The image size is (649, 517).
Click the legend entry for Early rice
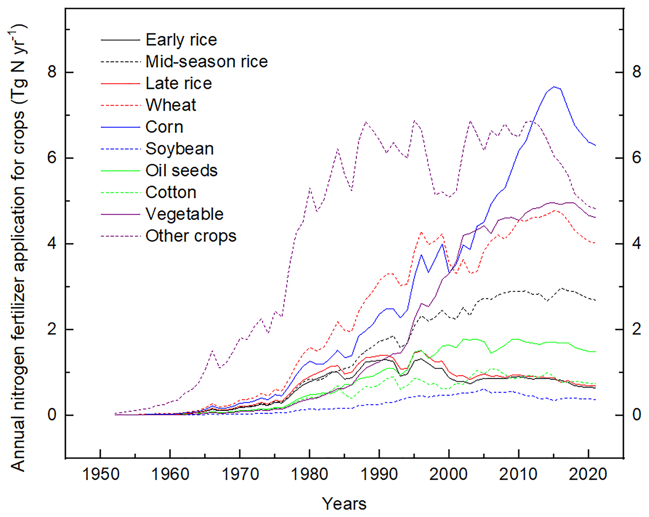181,40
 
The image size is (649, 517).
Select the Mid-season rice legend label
207,62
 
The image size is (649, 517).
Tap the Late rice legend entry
179,83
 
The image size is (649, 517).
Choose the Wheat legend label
171,105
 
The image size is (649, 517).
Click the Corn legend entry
164,127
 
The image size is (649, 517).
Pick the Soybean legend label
180,149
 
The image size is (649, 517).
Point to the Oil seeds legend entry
181,171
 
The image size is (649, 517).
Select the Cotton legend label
171,192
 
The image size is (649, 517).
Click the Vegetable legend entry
185,214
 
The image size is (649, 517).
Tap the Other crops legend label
191,236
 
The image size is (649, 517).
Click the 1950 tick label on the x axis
100,474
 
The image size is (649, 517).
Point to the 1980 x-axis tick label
310,474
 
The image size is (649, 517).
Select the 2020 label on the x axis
588,474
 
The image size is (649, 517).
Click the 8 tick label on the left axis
52,72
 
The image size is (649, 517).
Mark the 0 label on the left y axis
52,415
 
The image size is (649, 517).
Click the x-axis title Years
344,504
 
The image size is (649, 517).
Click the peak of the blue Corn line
554,87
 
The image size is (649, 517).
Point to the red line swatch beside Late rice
120,83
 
